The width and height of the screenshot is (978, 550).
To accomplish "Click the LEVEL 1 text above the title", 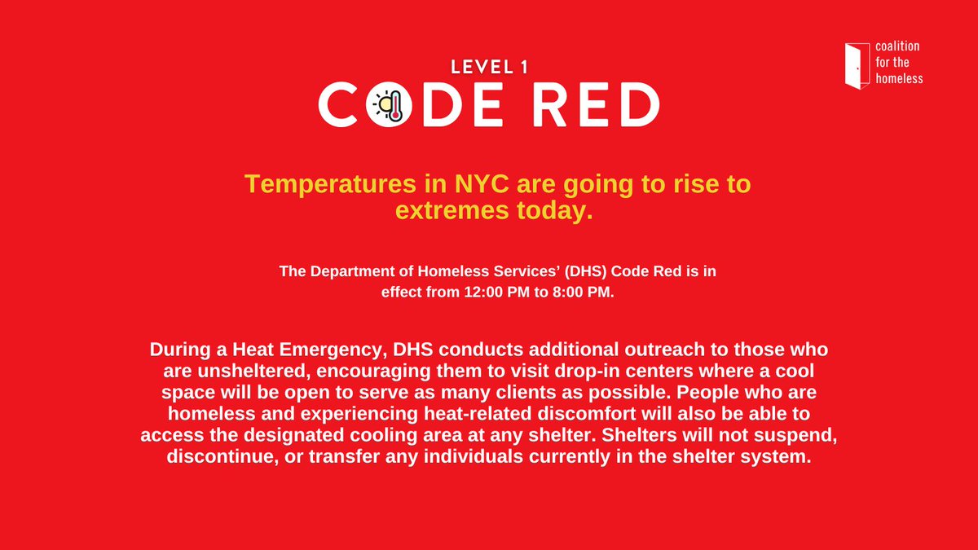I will click(489, 68).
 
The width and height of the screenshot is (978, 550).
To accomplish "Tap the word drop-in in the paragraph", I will click(576, 371).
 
